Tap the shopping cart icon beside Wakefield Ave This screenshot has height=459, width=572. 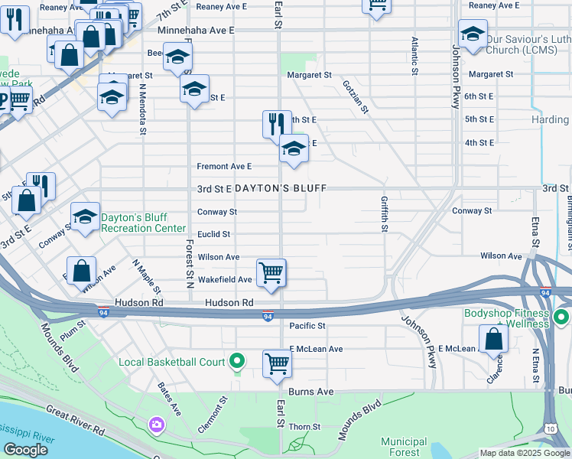click(x=271, y=272)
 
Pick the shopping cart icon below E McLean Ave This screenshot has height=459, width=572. click(x=277, y=363)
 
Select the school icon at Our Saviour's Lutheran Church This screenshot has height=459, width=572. click(x=473, y=33)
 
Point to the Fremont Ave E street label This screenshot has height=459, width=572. click(x=224, y=166)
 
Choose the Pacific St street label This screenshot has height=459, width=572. click(x=307, y=326)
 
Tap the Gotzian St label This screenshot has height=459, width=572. click(x=356, y=97)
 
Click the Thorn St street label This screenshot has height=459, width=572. click(x=304, y=427)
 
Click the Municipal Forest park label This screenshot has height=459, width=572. click(x=404, y=447)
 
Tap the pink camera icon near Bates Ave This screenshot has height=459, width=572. click(x=157, y=424)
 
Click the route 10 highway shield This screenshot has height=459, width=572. click(x=551, y=428)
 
